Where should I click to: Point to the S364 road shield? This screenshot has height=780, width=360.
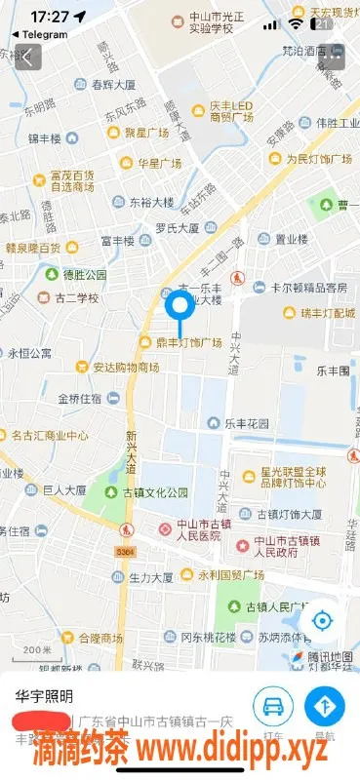(124, 552)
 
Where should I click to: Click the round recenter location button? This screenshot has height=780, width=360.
(321, 620)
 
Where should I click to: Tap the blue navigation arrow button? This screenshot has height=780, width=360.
(324, 704)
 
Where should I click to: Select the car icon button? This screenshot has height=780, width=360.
(273, 704)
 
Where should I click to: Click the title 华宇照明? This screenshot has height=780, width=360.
(44, 697)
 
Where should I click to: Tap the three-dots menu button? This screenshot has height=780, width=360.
(334, 58)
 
